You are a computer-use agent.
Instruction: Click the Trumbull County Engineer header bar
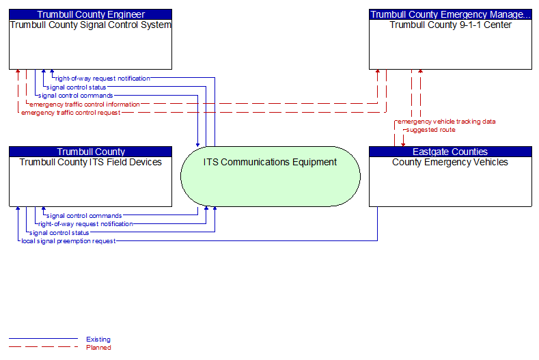coord(90,14)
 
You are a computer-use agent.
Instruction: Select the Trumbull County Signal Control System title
coord(90,25)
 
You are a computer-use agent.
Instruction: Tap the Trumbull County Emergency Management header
coord(450,14)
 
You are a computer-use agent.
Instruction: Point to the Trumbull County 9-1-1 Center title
coord(450,25)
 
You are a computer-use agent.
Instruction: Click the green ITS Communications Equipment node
coord(271,176)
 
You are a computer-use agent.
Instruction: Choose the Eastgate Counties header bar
coord(450,152)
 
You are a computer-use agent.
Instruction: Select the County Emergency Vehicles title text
coord(450,162)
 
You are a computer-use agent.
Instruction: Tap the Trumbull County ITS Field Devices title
coord(90,162)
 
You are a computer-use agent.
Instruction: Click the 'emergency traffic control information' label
coord(85,105)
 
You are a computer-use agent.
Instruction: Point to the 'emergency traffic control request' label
coord(71,113)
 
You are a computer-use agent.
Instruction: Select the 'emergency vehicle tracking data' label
coord(447,122)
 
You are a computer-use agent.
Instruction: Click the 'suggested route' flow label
coord(430,130)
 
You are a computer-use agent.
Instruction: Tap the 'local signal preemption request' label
coord(68,241)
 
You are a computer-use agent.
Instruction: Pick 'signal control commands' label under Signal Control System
coord(75,96)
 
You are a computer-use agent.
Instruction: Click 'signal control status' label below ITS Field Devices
coord(59,233)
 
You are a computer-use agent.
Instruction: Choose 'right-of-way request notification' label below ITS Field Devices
coord(85,224)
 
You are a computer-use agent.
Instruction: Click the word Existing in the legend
coord(98,340)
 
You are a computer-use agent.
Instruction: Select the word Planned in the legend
coord(98,348)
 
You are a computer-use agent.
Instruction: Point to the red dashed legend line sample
coord(43,347)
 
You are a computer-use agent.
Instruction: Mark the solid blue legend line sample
coord(43,339)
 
